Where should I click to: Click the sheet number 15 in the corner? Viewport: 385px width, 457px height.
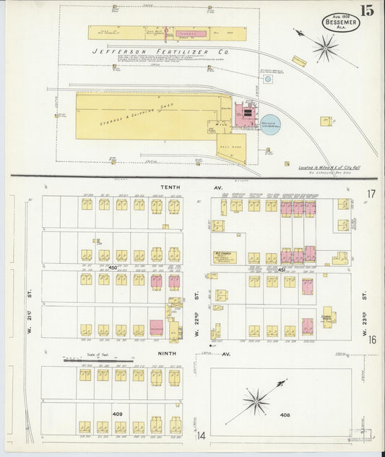[x=368, y=10]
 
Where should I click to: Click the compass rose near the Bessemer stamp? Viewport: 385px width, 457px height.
[x=325, y=48]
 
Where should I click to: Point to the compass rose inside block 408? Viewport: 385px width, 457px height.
[x=256, y=400]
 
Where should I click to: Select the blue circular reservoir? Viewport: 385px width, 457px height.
[x=271, y=125]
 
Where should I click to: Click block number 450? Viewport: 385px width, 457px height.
[x=112, y=268]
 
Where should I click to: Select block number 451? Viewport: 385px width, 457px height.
[x=283, y=269]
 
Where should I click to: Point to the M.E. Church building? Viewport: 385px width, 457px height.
[x=221, y=256]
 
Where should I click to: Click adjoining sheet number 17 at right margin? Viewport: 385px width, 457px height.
[x=371, y=193]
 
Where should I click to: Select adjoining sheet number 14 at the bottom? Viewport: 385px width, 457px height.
[x=202, y=435]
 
